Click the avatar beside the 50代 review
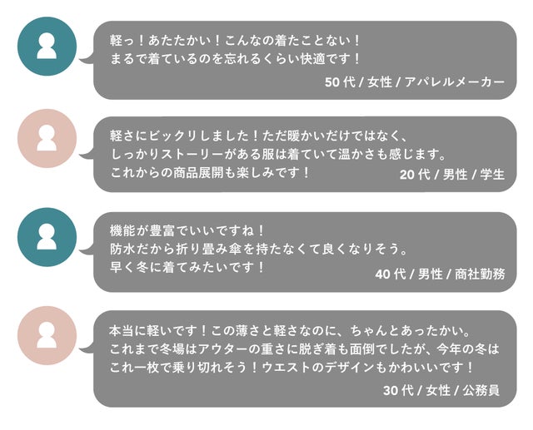pos(47,46)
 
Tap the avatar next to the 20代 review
pos(47,138)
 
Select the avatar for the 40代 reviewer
pos(47,237)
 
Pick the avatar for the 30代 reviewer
pos(47,335)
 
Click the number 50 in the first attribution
pos(332,82)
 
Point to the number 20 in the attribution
pos(407,175)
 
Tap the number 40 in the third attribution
pos(383,274)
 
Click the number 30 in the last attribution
pos(391,391)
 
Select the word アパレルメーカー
pos(455,82)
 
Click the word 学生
pos(492,175)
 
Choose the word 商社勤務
pos(480,274)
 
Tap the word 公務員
pos(481,391)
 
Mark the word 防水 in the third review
pos(122,250)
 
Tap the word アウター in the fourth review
pos(223,348)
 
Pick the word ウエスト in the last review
pos(286,368)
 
